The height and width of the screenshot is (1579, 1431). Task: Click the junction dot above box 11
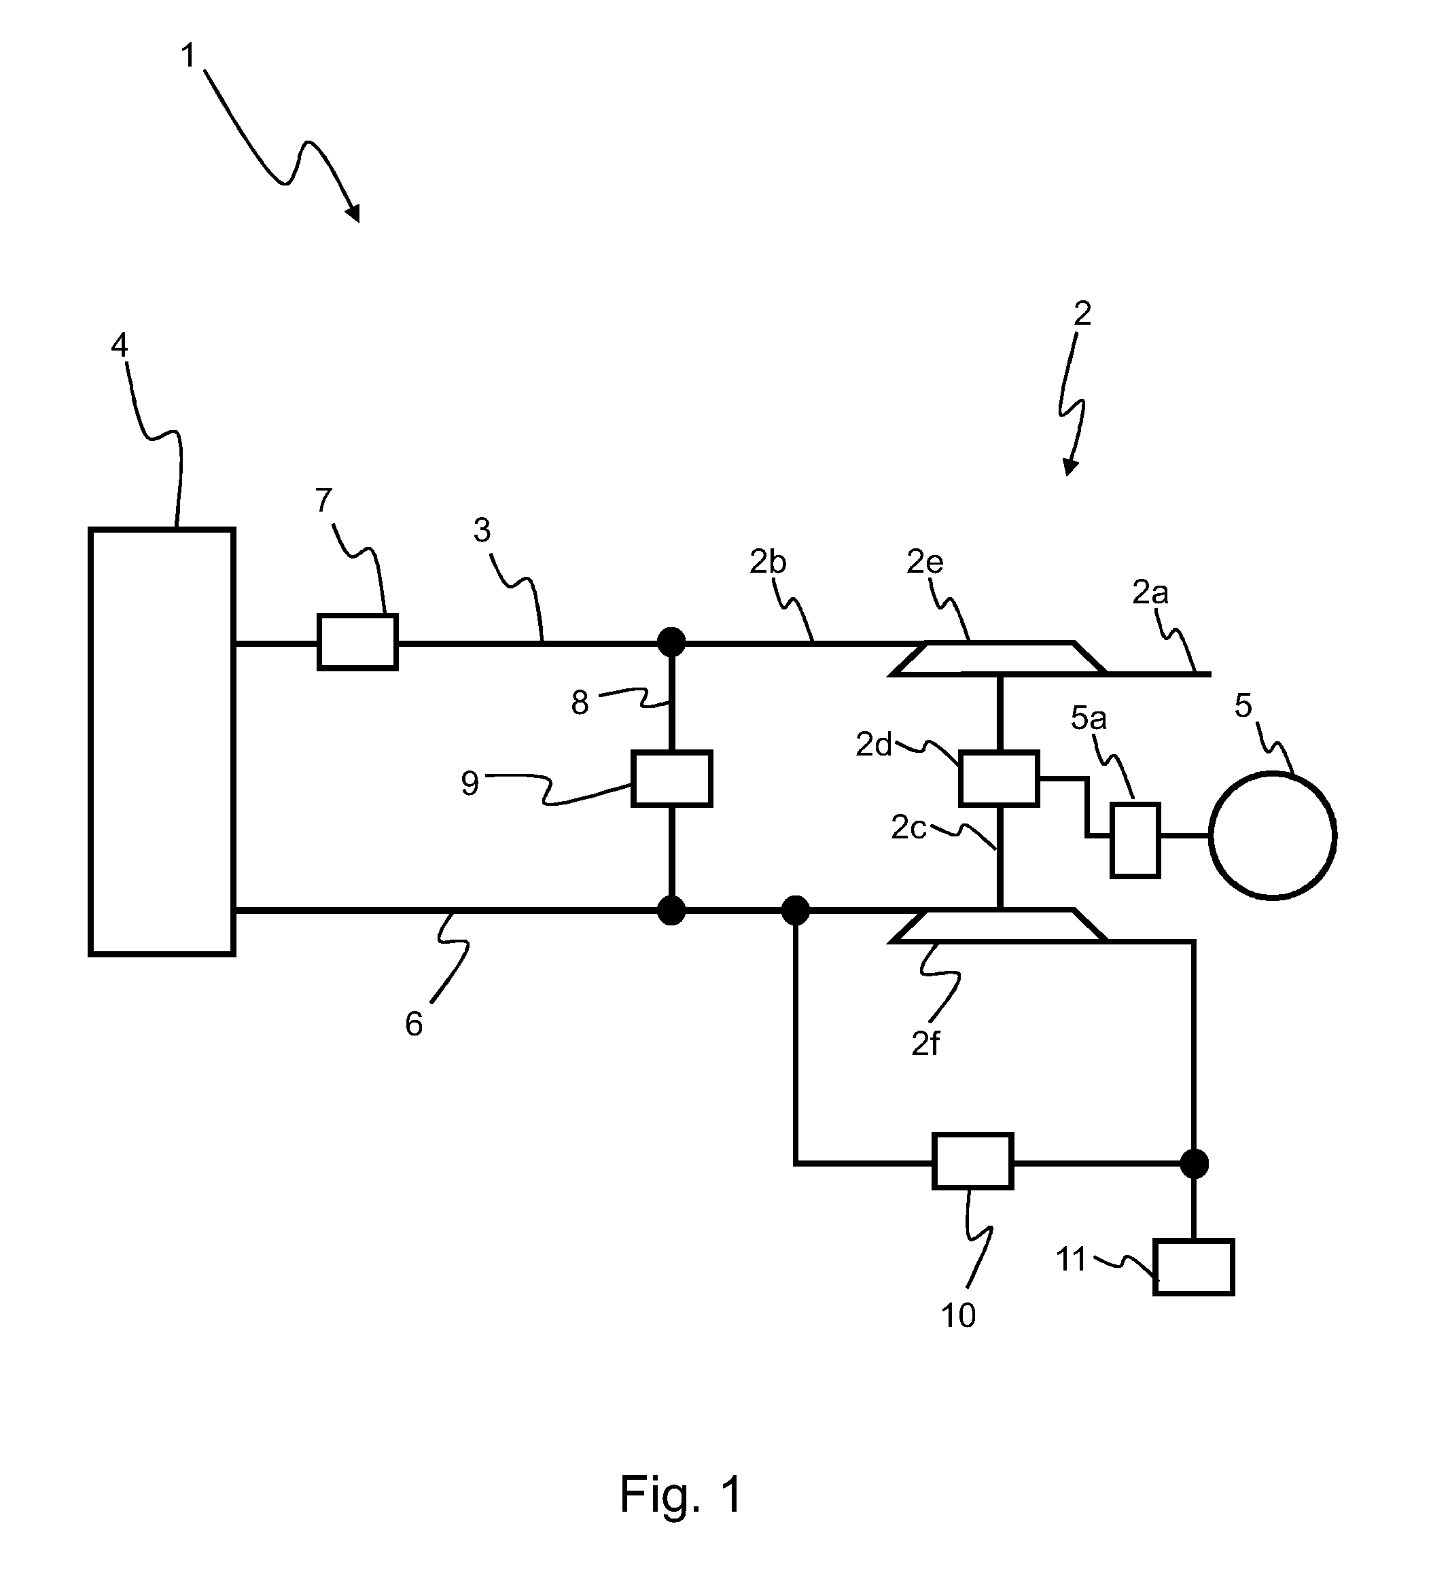pyautogui.click(x=1194, y=1164)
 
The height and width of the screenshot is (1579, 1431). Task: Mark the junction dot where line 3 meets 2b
pyautogui.click(x=671, y=642)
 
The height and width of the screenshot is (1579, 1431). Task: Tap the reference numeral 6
pyautogui.click(x=414, y=1025)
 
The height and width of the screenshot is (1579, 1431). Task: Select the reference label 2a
pyautogui.click(x=1150, y=593)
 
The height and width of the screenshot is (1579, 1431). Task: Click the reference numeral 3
pyautogui.click(x=482, y=530)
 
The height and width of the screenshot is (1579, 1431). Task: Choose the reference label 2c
pyautogui.click(x=908, y=828)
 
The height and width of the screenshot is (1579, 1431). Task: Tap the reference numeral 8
pyautogui.click(x=580, y=703)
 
